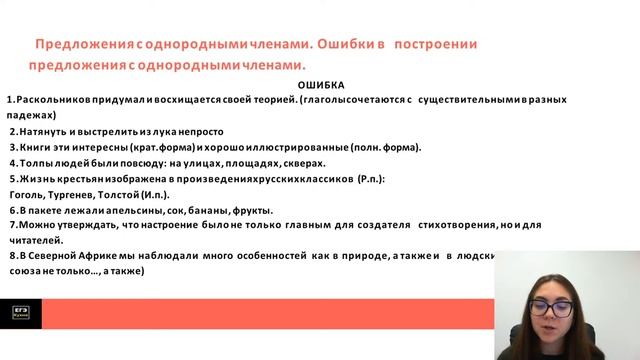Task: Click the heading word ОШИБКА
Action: (x=321, y=86)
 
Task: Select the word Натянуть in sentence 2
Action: (x=41, y=131)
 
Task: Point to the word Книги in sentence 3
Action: (x=35, y=147)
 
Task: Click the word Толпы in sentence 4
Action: (x=36, y=162)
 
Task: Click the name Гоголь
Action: (x=26, y=194)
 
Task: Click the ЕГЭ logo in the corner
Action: (x=20, y=312)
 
